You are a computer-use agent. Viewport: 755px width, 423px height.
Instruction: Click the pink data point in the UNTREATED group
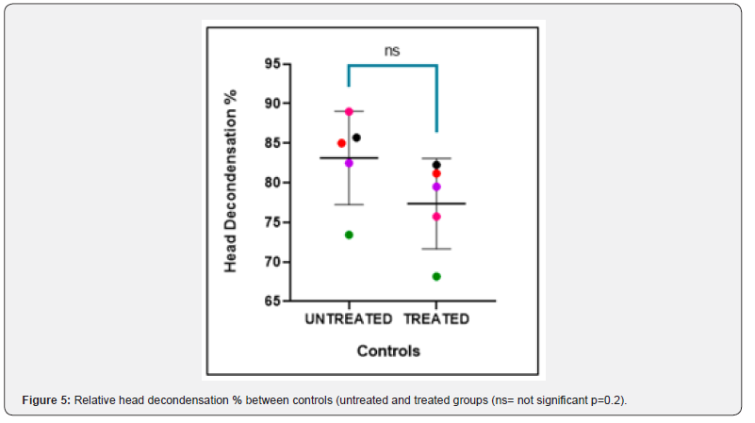(x=349, y=111)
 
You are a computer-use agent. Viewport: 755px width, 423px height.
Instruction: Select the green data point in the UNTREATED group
(x=349, y=235)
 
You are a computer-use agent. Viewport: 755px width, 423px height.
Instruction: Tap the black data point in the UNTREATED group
(x=356, y=138)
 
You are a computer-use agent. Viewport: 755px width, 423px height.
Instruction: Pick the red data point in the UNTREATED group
(x=341, y=143)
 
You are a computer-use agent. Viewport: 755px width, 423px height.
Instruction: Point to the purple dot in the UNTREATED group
(x=349, y=163)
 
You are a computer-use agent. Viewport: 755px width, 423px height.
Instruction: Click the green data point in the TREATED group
(x=436, y=276)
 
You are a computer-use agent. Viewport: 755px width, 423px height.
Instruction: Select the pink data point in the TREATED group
(x=436, y=217)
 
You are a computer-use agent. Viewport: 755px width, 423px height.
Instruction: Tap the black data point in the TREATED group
(x=436, y=165)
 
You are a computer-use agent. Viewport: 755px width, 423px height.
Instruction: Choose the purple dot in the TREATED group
(x=436, y=187)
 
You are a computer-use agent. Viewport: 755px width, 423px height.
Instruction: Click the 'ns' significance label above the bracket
(x=392, y=51)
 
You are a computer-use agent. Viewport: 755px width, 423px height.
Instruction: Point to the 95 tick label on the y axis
(x=273, y=64)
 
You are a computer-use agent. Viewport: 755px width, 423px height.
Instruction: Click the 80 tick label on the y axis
(x=273, y=183)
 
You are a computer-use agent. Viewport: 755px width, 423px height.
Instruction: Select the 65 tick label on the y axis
(x=273, y=301)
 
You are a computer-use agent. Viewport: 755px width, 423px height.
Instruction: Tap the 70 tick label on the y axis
(x=273, y=262)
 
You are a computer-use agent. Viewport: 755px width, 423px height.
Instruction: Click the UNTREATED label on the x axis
(x=348, y=319)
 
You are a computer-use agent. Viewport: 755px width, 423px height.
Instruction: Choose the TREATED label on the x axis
(x=436, y=319)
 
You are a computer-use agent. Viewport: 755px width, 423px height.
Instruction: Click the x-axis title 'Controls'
(x=388, y=351)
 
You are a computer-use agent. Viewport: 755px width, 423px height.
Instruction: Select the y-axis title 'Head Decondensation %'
(x=229, y=182)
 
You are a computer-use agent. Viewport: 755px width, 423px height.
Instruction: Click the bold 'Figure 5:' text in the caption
(x=46, y=401)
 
